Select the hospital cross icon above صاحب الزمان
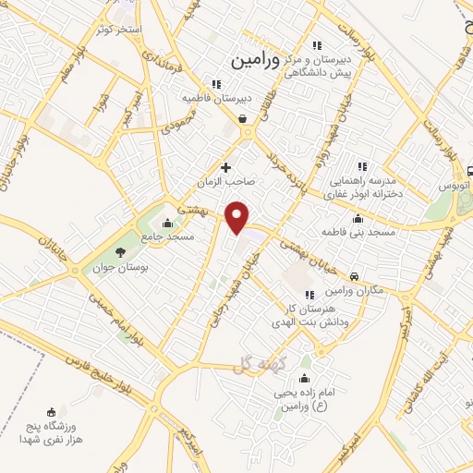pos(225,167)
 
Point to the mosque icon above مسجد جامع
pos(167,223)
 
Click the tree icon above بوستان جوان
pos(119,252)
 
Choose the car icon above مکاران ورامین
pos(355,275)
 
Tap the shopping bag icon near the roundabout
pos(242,117)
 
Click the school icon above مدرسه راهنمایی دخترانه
pos(362,167)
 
